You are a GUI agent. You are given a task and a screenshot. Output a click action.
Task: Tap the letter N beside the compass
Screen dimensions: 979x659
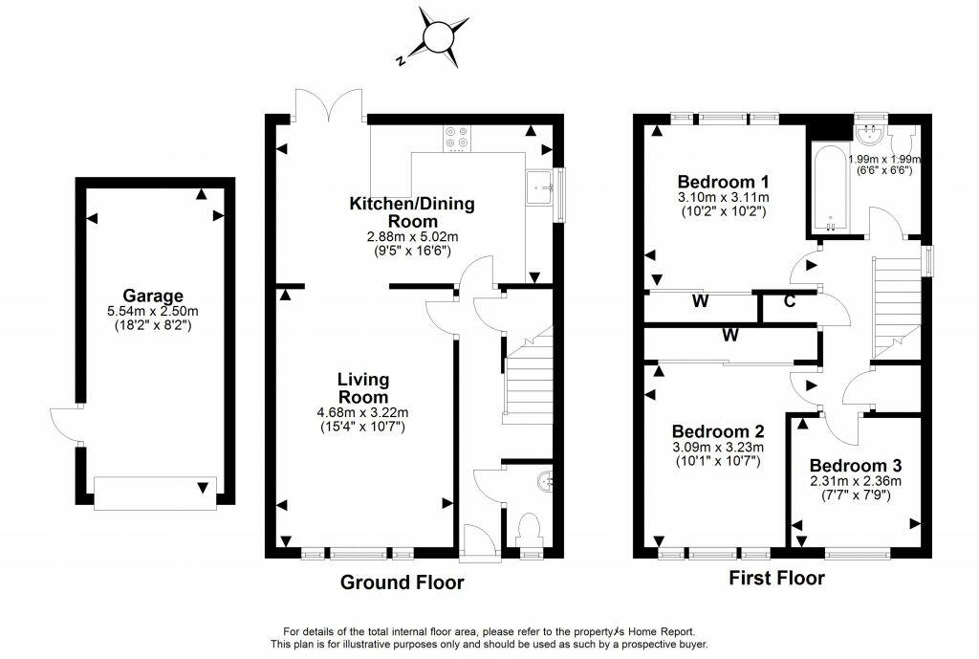pos(401,60)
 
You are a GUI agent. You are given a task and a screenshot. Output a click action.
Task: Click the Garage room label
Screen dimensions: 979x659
pos(153,296)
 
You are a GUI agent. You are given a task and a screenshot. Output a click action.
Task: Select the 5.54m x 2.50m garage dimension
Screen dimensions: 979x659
pos(153,311)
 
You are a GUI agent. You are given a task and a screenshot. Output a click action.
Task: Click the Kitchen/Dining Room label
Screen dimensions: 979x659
pos(412,212)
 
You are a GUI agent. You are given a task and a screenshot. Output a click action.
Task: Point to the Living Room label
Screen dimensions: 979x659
pos(362,388)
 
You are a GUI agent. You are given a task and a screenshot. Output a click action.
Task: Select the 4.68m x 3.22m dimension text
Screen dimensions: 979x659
pos(362,412)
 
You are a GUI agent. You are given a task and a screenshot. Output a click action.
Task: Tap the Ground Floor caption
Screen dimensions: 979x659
pos(402,582)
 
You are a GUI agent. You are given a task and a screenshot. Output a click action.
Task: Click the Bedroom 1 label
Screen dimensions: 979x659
pos(723,182)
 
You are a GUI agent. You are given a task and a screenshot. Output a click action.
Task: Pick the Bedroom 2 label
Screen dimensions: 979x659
pos(718,431)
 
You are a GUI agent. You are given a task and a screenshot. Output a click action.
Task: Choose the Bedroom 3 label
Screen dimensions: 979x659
pos(856,466)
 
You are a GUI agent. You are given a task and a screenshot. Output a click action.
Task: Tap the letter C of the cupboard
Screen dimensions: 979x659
pos(789,301)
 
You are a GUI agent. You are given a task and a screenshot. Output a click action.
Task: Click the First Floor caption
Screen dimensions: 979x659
pos(776,578)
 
